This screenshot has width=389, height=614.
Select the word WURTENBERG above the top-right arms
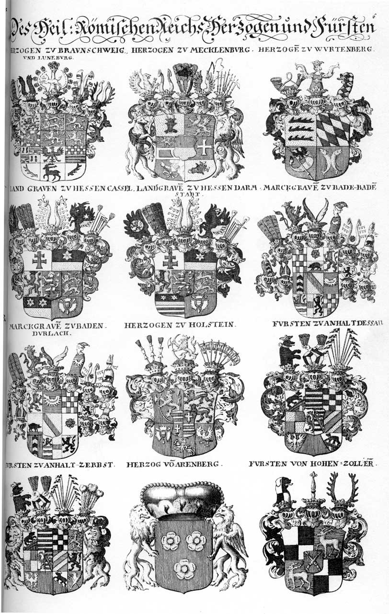351,50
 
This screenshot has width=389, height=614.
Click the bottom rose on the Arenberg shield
184,569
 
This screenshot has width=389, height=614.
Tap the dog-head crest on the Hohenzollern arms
284,489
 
